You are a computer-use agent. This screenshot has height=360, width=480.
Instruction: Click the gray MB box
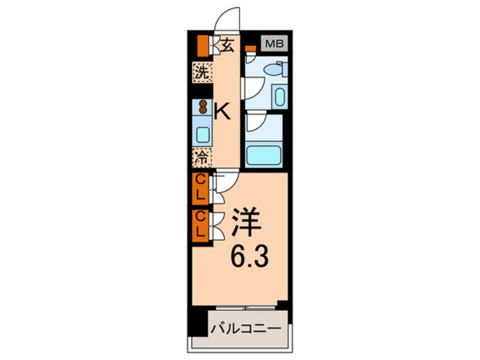click(275, 43)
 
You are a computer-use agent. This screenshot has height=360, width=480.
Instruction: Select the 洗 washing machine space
click(201, 72)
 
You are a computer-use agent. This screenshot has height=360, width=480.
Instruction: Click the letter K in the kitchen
click(223, 112)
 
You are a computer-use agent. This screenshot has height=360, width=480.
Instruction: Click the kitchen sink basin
click(202, 134)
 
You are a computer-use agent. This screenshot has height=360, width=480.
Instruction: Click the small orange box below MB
click(249, 49)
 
